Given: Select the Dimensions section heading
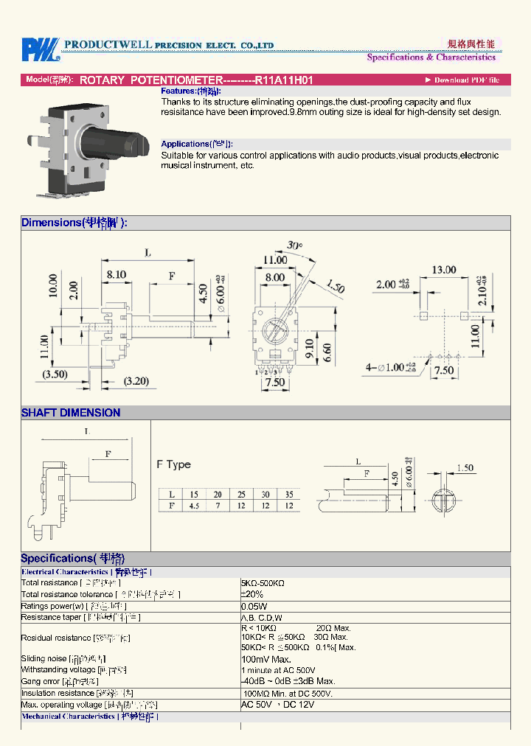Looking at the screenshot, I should point(74,223).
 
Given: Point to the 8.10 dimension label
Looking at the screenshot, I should point(116,273).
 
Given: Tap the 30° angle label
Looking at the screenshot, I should point(294,245).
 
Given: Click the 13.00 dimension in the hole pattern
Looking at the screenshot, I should point(443,270).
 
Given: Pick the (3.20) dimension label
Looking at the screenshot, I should point(136,381).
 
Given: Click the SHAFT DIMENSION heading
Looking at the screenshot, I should point(71,413).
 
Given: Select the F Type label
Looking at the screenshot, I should point(173,464).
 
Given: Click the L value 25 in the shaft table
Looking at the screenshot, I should point(241,494).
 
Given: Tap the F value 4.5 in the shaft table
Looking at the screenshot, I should point(194,506).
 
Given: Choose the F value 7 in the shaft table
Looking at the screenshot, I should point(218,506).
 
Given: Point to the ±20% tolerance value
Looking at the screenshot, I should point(252,594).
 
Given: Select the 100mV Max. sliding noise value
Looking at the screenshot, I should point(266,659).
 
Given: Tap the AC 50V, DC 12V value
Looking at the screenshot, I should point(277,705).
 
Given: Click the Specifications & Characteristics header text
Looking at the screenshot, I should point(431,57).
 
